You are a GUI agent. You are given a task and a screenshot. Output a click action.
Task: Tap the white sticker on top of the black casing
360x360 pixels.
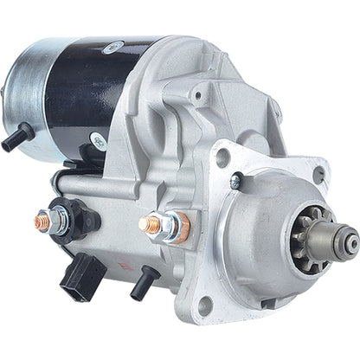tap(112, 48)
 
